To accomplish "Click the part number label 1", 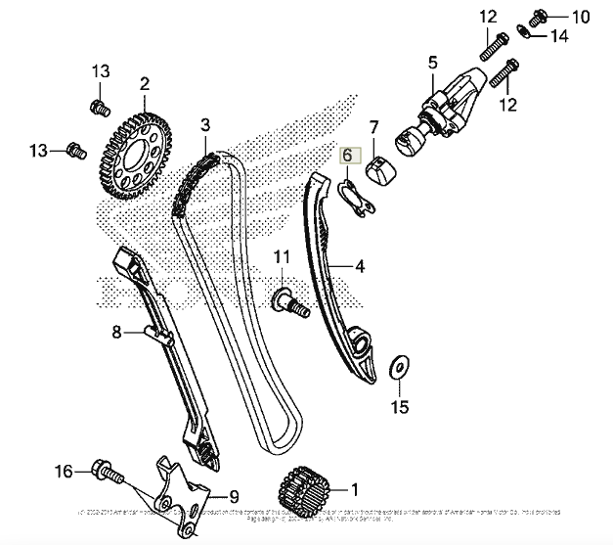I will tap(354, 486).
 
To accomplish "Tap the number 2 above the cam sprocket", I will tap(144, 84).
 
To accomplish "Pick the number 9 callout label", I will tap(234, 495).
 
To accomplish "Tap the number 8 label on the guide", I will tap(116, 333).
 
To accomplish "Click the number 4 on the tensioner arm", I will tap(359, 265).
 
